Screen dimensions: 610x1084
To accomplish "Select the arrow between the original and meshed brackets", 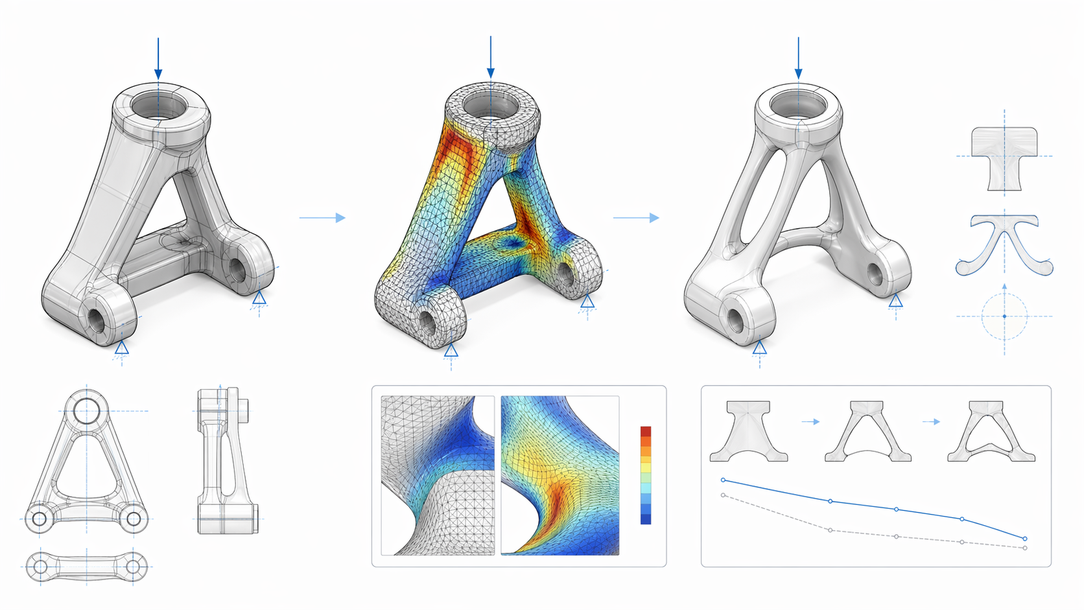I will pos(322,218).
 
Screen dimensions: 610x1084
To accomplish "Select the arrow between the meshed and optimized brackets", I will pos(636,218).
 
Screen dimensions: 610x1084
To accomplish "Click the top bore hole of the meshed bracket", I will pos(491,106).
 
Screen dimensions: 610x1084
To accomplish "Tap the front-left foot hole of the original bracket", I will pos(97,319).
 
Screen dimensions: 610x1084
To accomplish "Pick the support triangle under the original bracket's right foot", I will pos(259,298).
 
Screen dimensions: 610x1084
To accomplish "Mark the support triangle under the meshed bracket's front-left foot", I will pos(451,351).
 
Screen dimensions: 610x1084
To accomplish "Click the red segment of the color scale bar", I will pos(646,431).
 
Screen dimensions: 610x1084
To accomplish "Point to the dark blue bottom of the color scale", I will pos(646,519).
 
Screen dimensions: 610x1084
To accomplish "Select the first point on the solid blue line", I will pos(724,480).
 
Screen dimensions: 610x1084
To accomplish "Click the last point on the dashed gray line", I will pos(1025,548).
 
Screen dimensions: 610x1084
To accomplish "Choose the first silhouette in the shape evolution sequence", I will pos(749,431).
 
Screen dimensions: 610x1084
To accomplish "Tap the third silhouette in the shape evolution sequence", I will pos(991,431).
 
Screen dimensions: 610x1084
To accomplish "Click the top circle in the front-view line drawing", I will pos(86,410).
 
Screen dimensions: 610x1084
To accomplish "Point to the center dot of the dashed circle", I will pos(1004,316).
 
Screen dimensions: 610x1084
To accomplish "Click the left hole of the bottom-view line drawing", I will pos(40,567).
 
